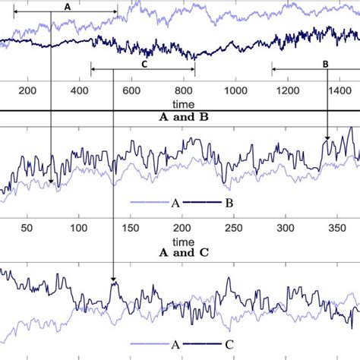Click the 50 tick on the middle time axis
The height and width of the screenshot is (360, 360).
pos(27,228)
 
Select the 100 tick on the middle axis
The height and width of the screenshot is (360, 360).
pos(78,228)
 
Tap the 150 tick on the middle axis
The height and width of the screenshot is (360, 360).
pos(130,228)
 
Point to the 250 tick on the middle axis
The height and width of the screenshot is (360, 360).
pos(233,228)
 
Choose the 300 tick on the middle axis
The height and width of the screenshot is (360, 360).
pos(285,228)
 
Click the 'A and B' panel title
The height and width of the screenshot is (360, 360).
pos(179,117)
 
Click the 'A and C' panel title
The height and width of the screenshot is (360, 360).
pos(179,252)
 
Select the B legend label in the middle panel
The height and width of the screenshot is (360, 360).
pos(229,204)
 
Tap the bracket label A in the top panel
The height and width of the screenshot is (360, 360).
pos(67,6)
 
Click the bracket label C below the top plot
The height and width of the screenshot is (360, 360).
pos(144,65)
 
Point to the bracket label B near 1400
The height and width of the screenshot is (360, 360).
pos(325,65)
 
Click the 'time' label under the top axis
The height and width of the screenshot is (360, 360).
pos(182,103)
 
